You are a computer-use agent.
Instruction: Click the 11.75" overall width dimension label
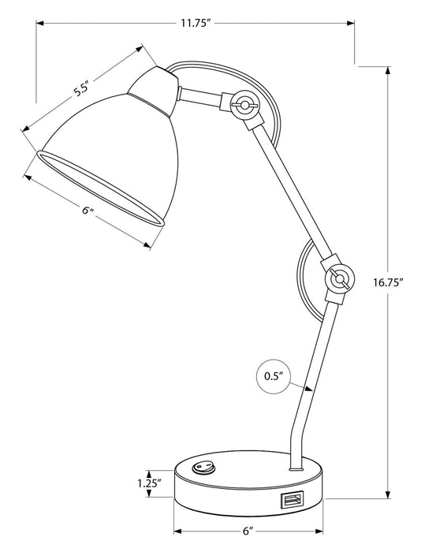(194, 23)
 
